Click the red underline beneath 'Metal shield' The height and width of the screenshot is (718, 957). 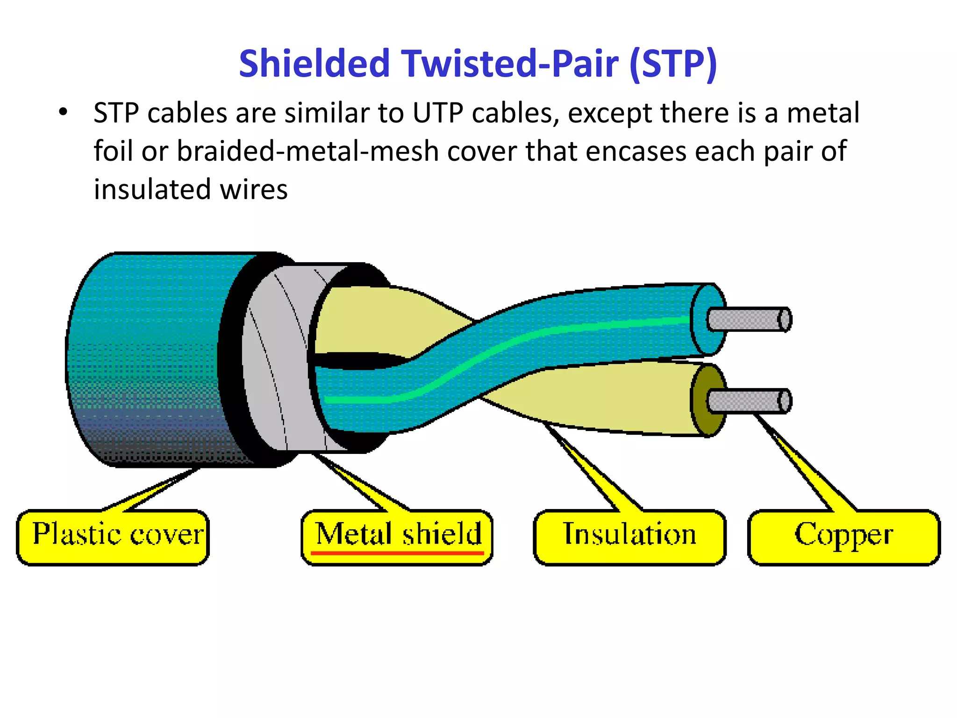coord(397,553)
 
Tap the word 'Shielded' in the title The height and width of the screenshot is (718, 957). coord(314,64)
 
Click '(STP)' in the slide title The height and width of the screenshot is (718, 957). coord(673,64)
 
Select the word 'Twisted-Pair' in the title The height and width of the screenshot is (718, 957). coord(509,64)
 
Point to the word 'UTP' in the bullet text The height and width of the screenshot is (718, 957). coord(437,113)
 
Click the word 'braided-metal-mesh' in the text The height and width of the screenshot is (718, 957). coord(307,151)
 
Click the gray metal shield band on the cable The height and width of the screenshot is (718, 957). coord(280,360)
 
